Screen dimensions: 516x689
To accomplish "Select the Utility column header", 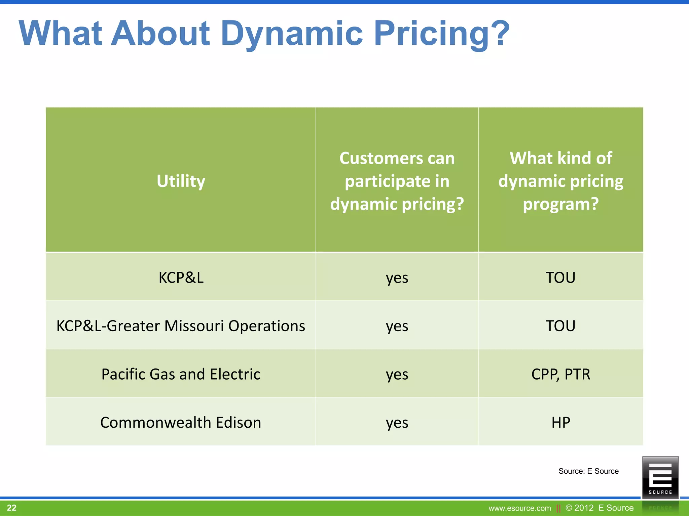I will tap(181, 181).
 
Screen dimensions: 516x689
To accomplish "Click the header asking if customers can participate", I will tap(397, 181).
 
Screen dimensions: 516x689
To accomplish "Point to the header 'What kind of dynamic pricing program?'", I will tap(560, 181).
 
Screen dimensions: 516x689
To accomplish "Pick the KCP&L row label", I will tap(181, 277).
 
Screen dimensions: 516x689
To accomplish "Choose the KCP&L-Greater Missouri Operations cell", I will tap(181, 326).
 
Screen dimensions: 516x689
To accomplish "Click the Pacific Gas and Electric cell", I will tap(181, 374).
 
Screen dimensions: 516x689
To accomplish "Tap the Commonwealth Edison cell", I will tap(181, 422).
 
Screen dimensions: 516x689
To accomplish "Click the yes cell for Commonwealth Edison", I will tap(397, 423).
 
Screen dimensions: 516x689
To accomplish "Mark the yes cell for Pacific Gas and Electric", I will tap(397, 374).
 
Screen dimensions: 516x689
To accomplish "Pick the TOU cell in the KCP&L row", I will tap(560, 277).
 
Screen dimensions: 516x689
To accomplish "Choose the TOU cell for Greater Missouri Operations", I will tap(560, 326).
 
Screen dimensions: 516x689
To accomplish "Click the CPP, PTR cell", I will tap(560, 374).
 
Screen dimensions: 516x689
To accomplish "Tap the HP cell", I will tap(560, 422).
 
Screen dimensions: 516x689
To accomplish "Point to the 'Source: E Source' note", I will tap(588, 471).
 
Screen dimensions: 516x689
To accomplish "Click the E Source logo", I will tap(660, 477).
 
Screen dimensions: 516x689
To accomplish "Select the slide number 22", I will tap(11, 508).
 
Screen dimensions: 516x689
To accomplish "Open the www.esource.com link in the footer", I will tap(520, 508).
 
